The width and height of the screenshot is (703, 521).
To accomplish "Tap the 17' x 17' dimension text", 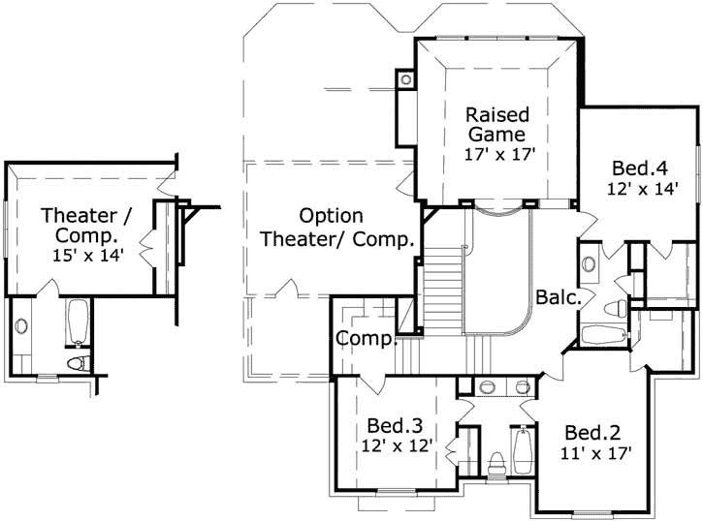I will [x=499, y=153].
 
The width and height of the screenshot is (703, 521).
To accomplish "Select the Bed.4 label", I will [x=637, y=166].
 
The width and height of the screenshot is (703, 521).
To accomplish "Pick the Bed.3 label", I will [x=395, y=425].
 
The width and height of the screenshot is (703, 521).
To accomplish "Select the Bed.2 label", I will [x=592, y=432].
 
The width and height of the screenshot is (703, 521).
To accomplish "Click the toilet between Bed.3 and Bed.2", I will [x=497, y=464].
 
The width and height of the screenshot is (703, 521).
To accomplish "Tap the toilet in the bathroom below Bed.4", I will [x=613, y=309].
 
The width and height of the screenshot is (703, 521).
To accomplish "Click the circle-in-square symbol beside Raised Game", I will [x=403, y=78].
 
